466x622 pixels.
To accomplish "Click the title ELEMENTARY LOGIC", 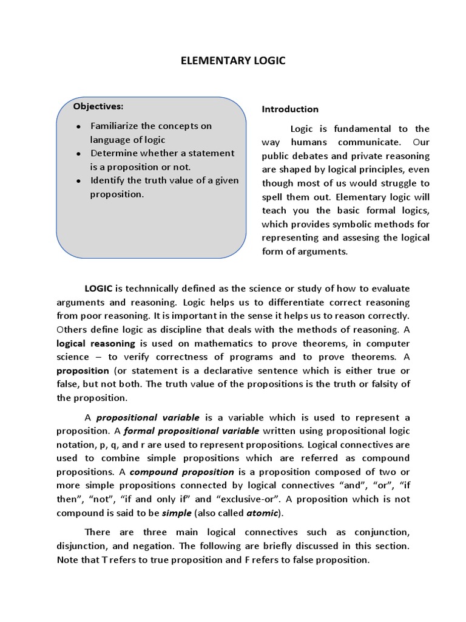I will tap(233, 61).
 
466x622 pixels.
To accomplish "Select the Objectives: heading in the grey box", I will tap(98, 106).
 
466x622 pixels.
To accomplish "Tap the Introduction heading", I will tap(290, 109).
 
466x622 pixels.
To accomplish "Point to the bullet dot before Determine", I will tap(79, 154).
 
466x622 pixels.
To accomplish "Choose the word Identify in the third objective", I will tap(107, 180).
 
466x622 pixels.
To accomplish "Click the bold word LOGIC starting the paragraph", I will tap(98, 289).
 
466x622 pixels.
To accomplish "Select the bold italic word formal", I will tap(139, 431).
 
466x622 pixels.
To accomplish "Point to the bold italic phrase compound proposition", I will tap(181, 472).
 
